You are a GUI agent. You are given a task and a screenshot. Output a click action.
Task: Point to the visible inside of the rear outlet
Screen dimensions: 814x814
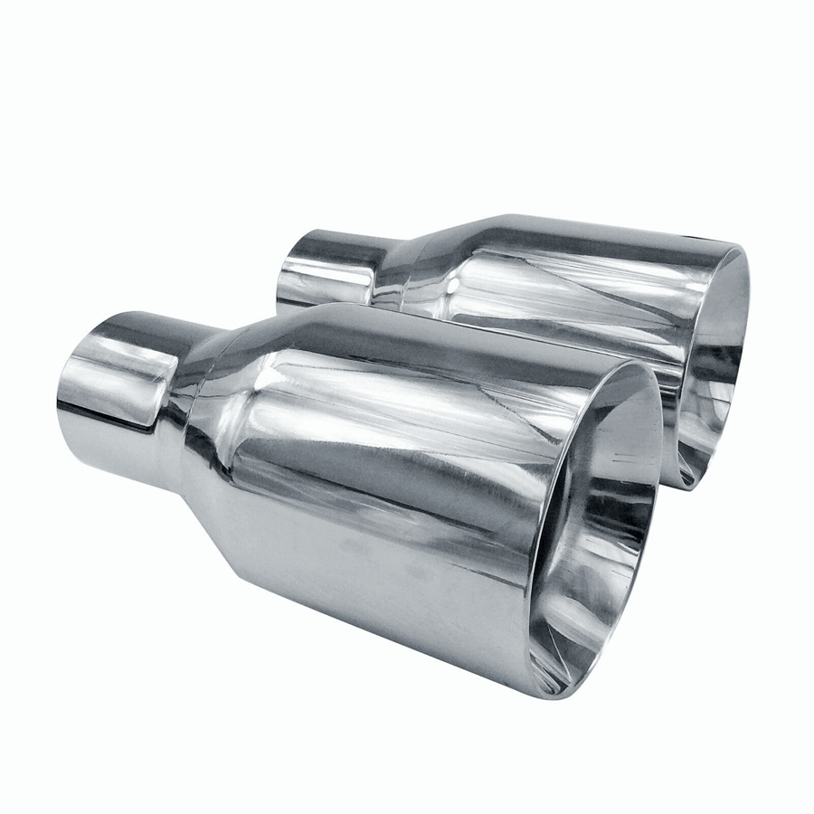coord(715,380)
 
